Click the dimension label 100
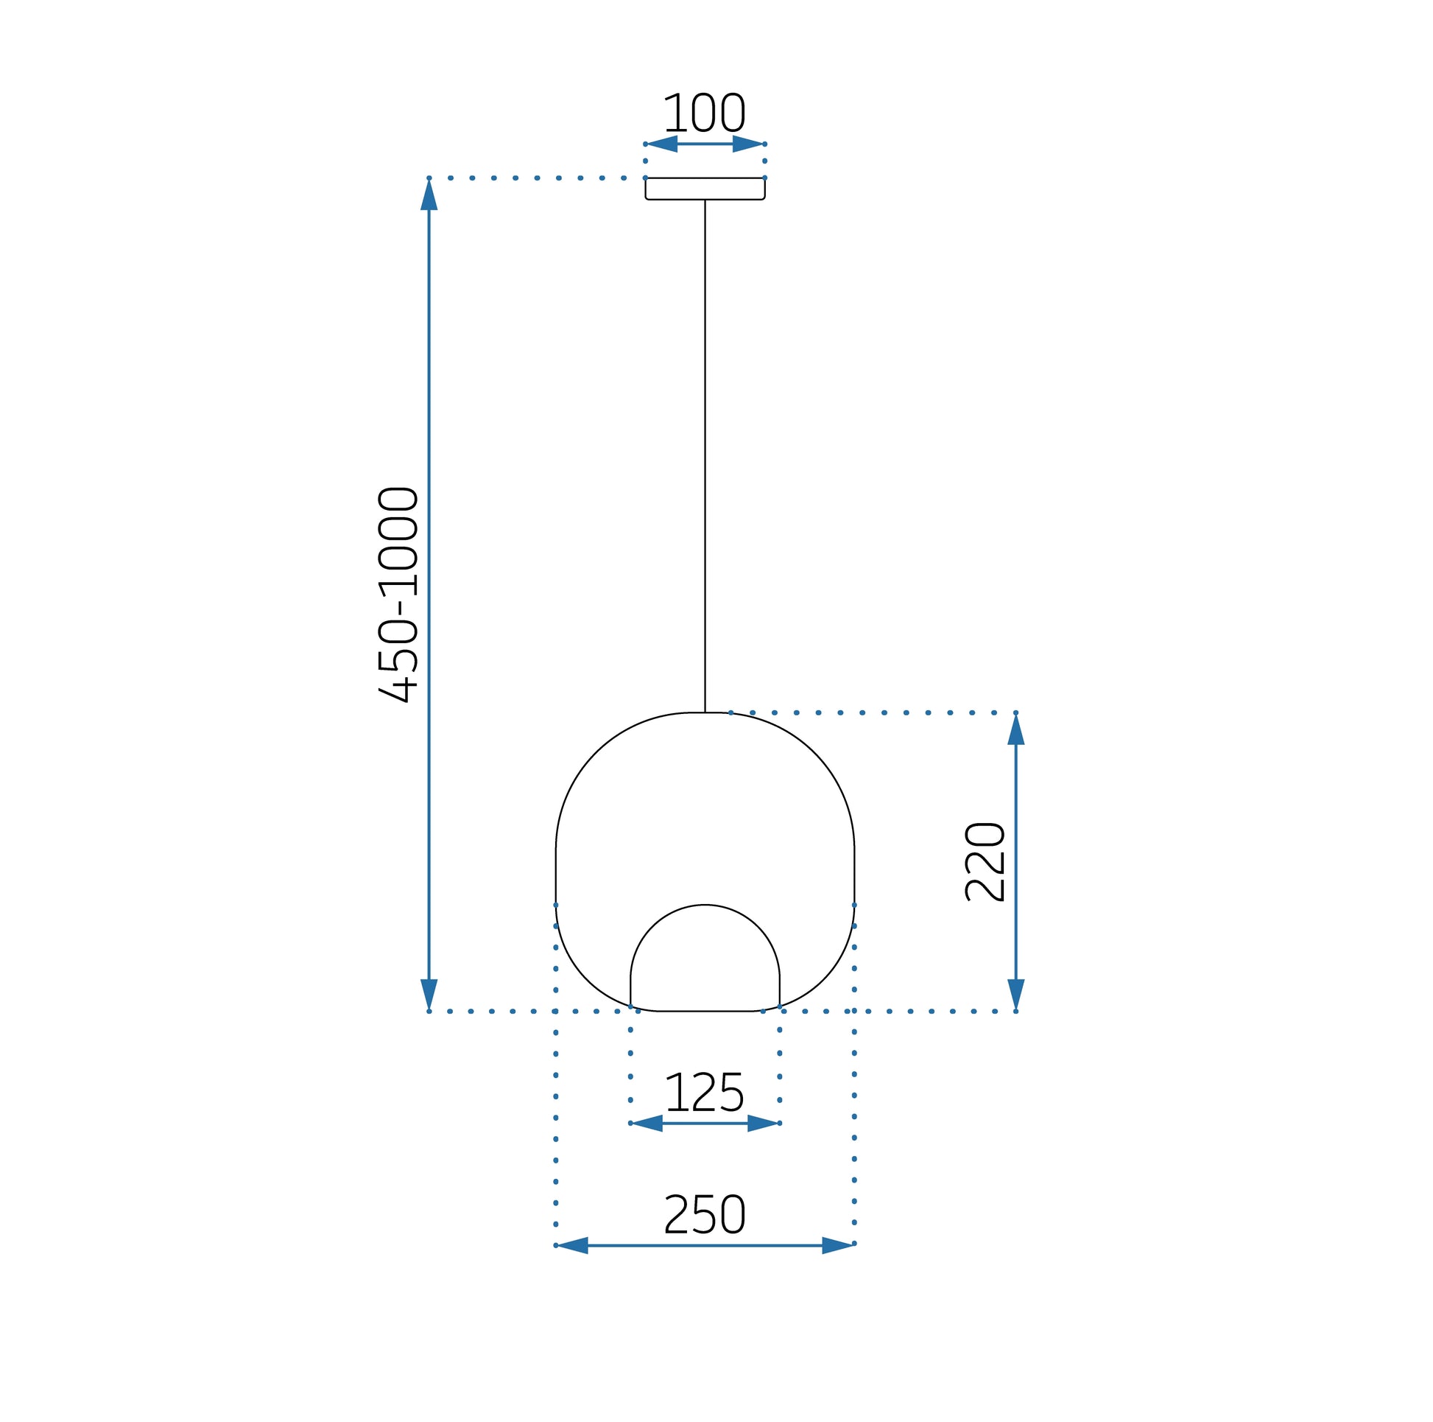pyautogui.click(x=704, y=113)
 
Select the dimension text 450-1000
pyautogui.click(x=399, y=594)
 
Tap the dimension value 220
pyautogui.click(x=985, y=861)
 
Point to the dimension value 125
pyautogui.click(x=704, y=1093)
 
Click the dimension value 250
pyautogui.click(x=704, y=1214)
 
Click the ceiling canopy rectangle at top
pyautogui.click(x=705, y=189)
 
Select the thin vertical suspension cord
pyautogui.click(x=705, y=452)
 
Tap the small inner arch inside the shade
pyautogui.click(x=705, y=907)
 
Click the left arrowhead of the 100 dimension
pyautogui.click(x=661, y=144)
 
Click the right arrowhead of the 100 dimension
pyautogui.click(x=748, y=144)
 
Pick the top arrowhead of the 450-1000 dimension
pyautogui.click(x=429, y=195)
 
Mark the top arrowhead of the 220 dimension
pyautogui.click(x=1015, y=729)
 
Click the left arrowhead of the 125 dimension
pyautogui.click(x=646, y=1123)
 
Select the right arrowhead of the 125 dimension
pyautogui.click(x=763, y=1123)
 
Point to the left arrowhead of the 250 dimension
pyautogui.click(x=572, y=1245)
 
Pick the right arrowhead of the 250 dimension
pyautogui.click(x=838, y=1245)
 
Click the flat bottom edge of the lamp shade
pyautogui.click(x=705, y=1011)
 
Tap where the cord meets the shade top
pyautogui.click(x=705, y=712)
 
